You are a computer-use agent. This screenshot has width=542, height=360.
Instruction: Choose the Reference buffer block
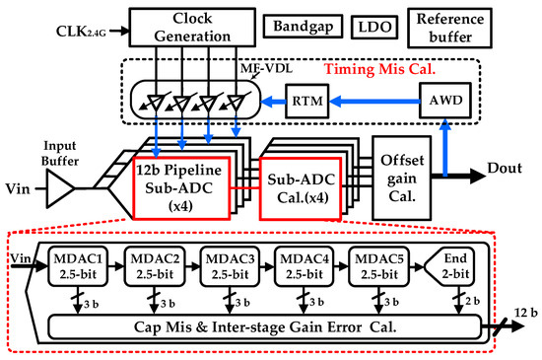click(x=450, y=26)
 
